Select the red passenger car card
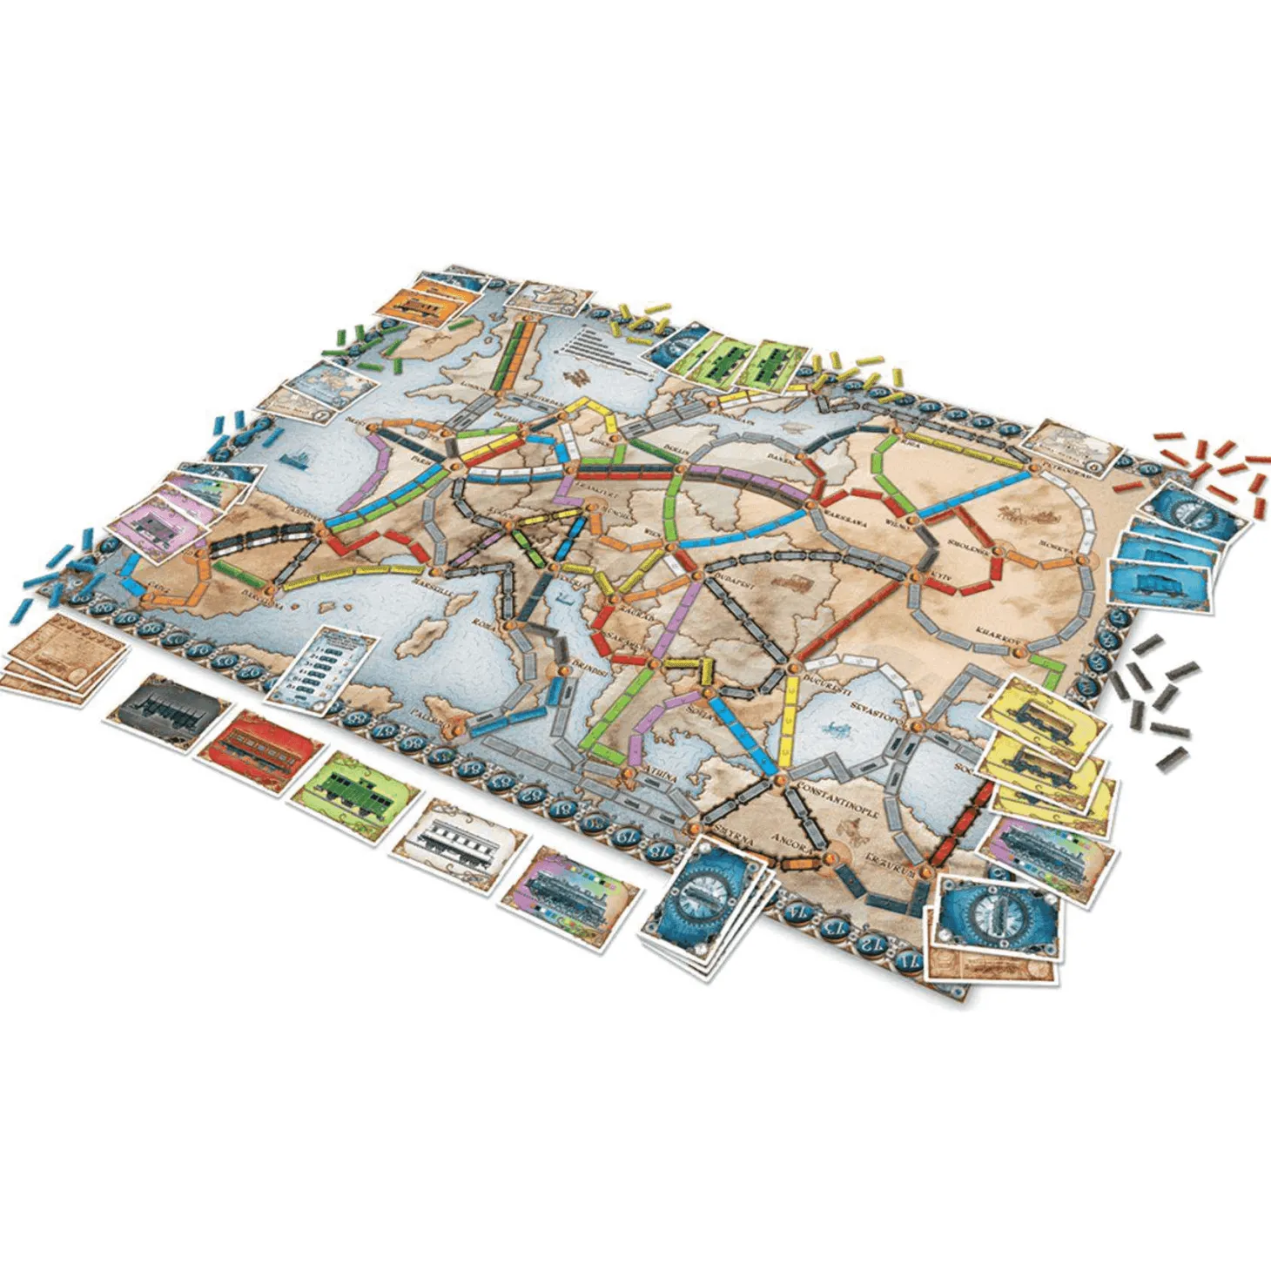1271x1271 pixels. tap(261, 744)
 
